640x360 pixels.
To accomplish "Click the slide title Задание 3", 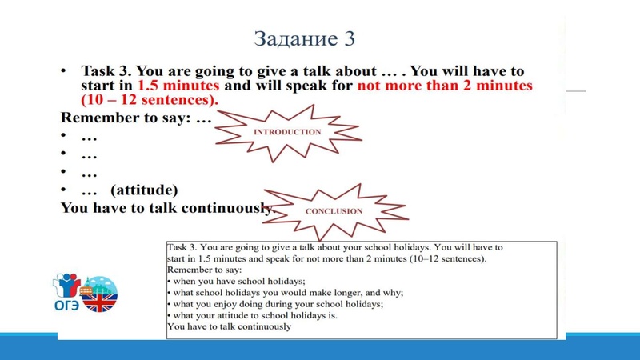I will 305,38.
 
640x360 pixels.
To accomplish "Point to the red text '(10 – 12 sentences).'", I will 150,101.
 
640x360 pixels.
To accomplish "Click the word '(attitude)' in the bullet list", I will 145,190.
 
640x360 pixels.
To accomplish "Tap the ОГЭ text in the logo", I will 66,304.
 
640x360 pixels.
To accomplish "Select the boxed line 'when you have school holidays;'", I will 238,282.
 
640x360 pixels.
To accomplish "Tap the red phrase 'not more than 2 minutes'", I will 445,86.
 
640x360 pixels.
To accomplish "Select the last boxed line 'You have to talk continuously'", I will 230,326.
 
